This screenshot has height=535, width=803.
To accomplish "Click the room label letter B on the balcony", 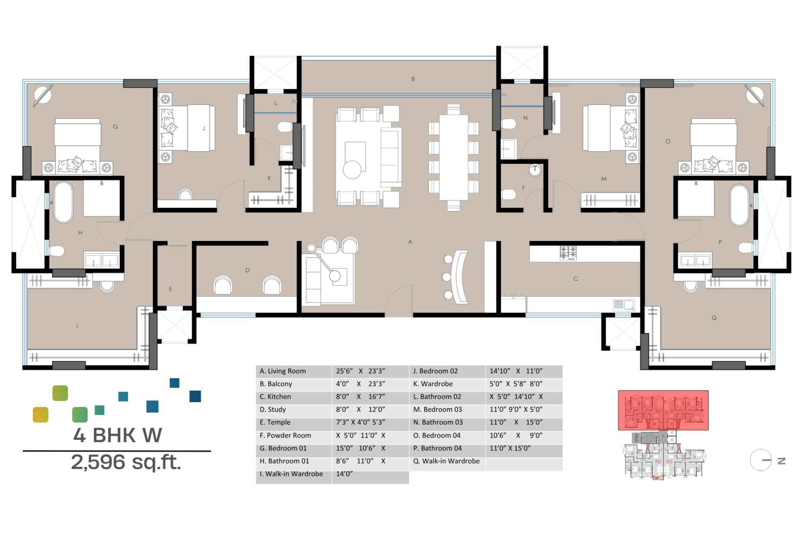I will (x=413, y=79).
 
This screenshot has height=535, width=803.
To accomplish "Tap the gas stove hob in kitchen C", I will (x=568, y=253).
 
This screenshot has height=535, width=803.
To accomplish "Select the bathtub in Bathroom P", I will (x=739, y=205).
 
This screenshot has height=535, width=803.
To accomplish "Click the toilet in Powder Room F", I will (x=509, y=194).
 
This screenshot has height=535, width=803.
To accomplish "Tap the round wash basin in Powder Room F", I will (x=534, y=170).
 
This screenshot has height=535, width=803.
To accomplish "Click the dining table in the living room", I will (x=453, y=157).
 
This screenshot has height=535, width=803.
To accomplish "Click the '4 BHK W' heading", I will (x=117, y=436).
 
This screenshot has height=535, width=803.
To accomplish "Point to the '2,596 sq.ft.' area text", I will (x=126, y=463).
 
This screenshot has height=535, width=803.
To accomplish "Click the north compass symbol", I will (x=761, y=460).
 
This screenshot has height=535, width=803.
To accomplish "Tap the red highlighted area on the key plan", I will (x=663, y=410).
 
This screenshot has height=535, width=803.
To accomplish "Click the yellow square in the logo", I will (x=40, y=415).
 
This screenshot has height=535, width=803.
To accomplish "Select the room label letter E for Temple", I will (x=170, y=289).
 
